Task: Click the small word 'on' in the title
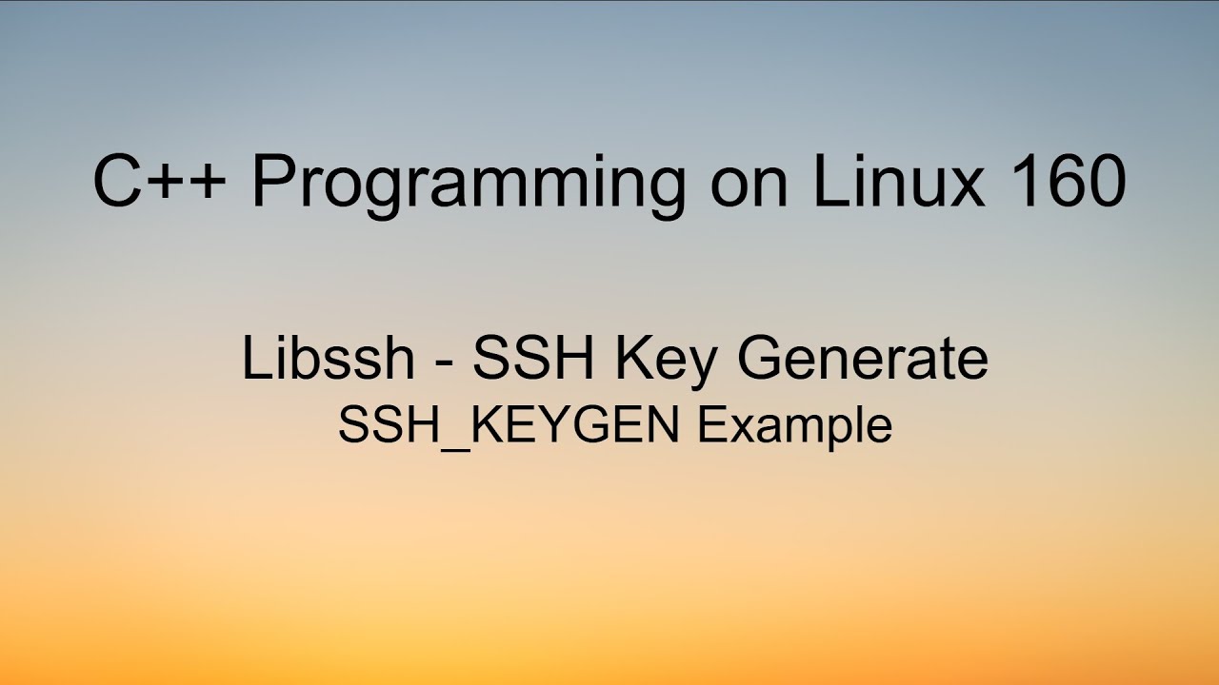(x=749, y=186)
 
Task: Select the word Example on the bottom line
(x=794, y=427)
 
